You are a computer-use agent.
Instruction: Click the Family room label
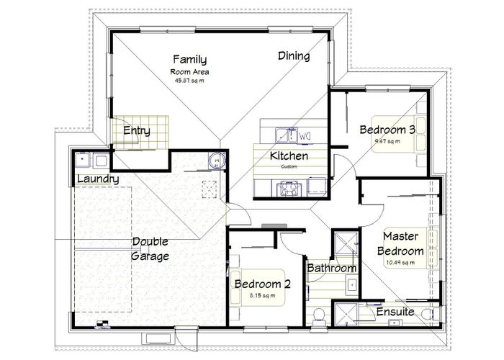190,60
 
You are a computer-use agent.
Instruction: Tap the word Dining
294,56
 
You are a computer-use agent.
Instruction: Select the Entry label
137,130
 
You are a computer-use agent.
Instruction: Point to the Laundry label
97,179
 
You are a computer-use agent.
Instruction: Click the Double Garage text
150,249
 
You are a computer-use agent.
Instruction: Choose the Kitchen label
289,156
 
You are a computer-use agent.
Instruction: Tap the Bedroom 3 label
387,130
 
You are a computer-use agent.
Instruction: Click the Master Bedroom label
402,243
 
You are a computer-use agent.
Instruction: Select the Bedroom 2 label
262,284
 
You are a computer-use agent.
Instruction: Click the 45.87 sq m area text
190,81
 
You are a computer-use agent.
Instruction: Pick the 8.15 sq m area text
262,296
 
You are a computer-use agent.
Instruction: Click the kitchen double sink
286,134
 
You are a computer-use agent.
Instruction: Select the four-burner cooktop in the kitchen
290,189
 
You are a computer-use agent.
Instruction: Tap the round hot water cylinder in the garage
216,161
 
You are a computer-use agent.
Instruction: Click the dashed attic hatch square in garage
210,189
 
